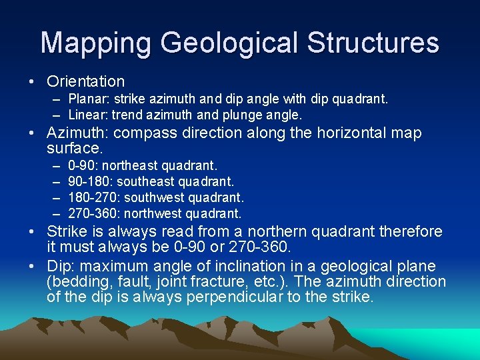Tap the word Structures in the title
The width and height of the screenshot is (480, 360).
pos(373,43)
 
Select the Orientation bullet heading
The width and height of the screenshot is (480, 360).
pos(86,81)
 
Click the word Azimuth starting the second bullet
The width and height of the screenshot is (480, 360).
pos(75,133)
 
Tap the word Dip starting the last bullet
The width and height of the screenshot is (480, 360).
pos(59,266)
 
